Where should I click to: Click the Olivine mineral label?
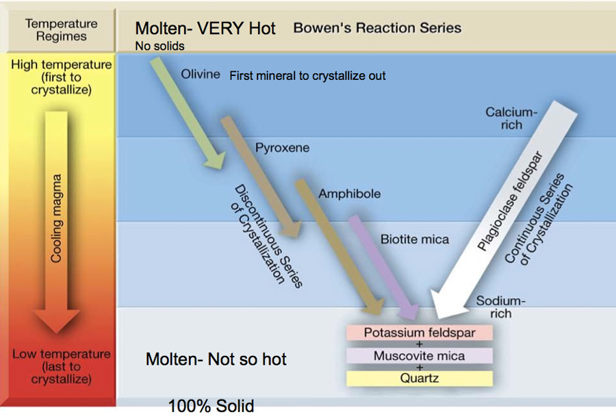click(201, 74)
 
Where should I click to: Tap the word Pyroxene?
click(282, 148)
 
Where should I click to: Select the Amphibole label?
click(349, 194)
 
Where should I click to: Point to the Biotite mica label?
click(415, 239)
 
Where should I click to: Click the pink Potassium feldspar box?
click(420, 333)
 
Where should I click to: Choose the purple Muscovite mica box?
click(420, 356)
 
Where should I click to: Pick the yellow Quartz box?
click(420, 378)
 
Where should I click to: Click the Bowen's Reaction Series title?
click(377, 28)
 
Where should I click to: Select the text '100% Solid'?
click(211, 406)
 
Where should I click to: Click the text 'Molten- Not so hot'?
click(216, 359)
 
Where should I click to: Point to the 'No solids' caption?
click(159, 47)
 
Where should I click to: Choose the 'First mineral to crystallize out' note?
click(307, 75)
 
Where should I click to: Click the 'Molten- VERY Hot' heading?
click(205, 28)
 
